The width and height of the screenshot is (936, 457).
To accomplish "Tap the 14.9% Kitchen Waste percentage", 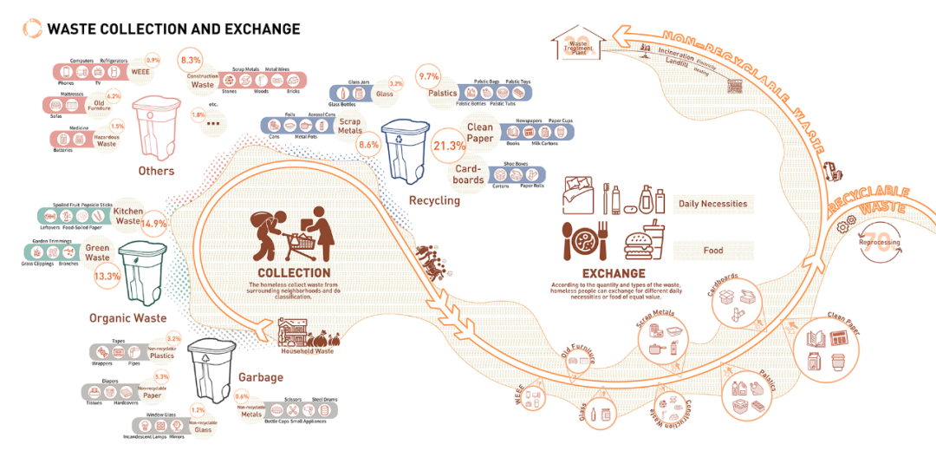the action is pyautogui.click(x=153, y=223).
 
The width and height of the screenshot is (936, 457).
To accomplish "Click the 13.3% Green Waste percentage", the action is pyautogui.click(x=107, y=277).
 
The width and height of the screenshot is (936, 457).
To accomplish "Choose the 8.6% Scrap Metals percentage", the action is pyautogui.click(x=368, y=145).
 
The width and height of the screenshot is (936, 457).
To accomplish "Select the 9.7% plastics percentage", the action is pyautogui.click(x=429, y=77).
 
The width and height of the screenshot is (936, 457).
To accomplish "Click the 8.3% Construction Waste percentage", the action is pyautogui.click(x=190, y=60).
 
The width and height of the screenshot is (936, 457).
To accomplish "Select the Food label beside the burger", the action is pyautogui.click(x=713, y=251).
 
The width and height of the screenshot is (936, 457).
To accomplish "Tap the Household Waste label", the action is pyautogui.click(x=308, y=351).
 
